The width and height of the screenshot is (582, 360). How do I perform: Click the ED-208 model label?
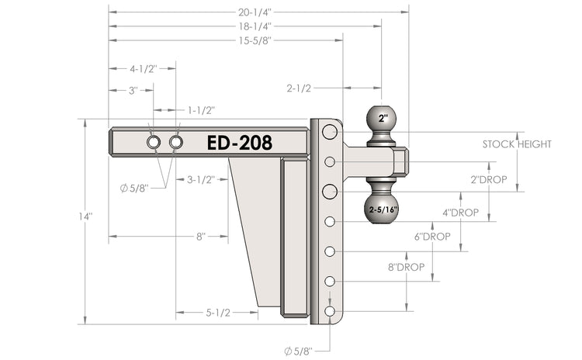click(x=239, y=143)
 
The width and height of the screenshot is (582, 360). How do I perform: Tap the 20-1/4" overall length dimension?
click(x=259, y=12)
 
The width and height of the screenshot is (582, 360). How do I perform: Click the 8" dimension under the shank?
click(x=200, y=236)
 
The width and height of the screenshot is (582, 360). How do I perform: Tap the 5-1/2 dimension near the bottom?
click(x=218, y=313)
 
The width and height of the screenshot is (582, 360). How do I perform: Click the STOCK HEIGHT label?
click(x=517, y=144)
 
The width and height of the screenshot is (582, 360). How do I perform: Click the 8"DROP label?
click(x=406, y=266)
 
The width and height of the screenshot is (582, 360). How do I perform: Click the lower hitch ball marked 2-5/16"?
click(x=382, y=209)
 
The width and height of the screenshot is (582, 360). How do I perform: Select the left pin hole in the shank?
click(x=154, y=143)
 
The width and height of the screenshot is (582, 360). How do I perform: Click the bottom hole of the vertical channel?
click(x=330, y=311)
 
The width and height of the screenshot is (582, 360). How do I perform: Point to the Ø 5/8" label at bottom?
click(x=298, y=351)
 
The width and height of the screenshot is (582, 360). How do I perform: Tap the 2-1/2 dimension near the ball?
click(x=300, y=88)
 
